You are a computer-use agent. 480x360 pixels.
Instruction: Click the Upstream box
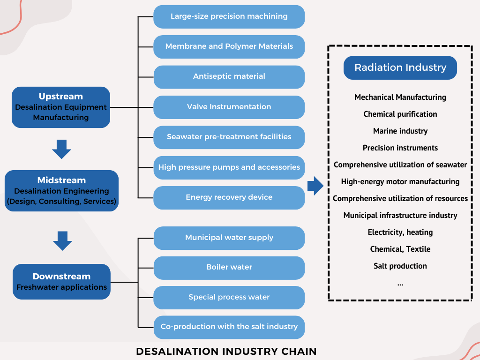pos(61,107)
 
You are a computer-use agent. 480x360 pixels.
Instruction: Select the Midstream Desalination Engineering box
pos(61,191)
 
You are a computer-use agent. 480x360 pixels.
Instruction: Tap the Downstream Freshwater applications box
pos(61,281)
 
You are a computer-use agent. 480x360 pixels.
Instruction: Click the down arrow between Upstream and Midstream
pos(61,149)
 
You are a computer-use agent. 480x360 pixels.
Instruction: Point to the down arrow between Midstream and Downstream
pos(62,240)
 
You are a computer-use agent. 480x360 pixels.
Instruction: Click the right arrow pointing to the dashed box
pos(315,186)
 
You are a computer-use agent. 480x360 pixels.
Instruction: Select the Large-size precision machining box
pos(229,16)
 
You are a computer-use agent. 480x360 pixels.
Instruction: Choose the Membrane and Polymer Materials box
pos(229,46)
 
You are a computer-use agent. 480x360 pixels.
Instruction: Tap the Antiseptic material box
pos(229,76)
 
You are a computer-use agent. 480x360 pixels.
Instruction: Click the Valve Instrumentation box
pos(229,107)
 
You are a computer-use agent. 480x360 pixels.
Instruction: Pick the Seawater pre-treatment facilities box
pos(229,137)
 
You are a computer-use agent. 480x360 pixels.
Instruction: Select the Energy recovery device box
pos(229,197)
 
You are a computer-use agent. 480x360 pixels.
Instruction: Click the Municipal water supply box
pos(229,238)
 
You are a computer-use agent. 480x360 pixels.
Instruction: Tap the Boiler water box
pos(229,267)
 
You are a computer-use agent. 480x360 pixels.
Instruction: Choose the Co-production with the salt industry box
pos(229,327)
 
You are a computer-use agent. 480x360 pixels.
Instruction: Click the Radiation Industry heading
pos(400,67)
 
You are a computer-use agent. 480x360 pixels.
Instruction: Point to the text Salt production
pos(400,266)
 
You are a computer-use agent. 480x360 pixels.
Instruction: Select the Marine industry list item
pos(400,131)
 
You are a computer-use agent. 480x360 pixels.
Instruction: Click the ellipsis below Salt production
pos(400,283)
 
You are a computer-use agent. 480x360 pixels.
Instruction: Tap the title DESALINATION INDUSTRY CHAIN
pos(226,351)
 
